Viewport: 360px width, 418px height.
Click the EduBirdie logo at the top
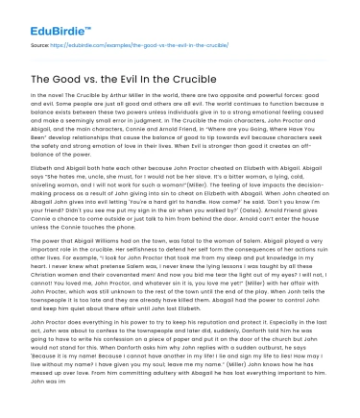pyautogui.click(x=44, y=16)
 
